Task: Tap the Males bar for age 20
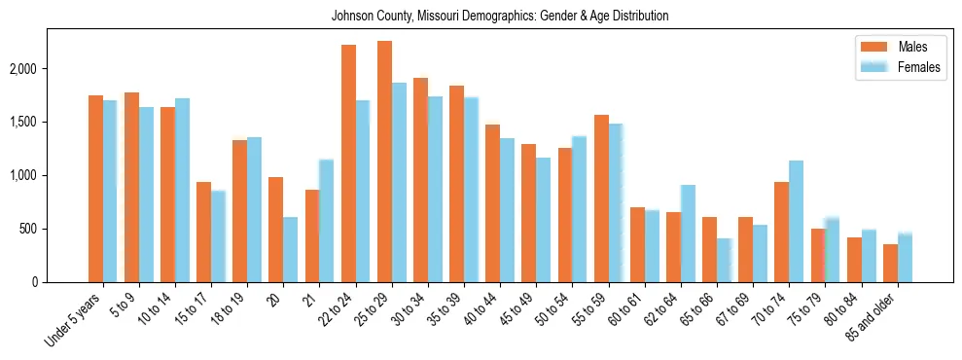(x=276, y=230)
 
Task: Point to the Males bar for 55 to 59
(x=601, y=198)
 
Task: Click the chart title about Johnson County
(x=500, y=17)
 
